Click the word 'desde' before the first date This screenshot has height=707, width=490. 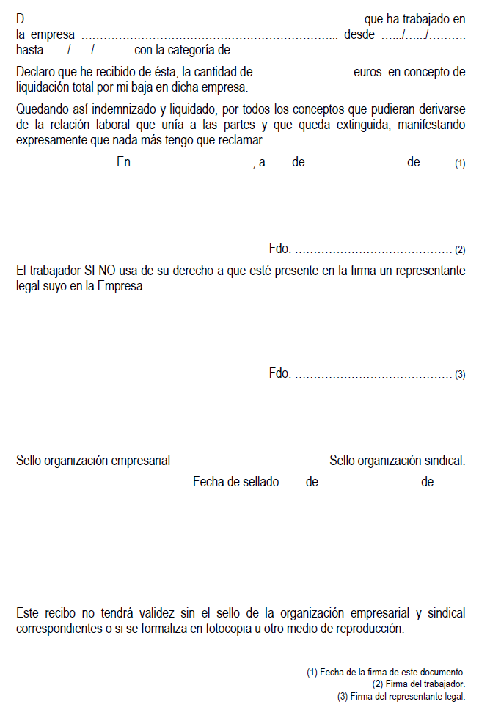(x=359, y=34)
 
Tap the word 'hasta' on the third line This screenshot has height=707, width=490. (x=30, y=51)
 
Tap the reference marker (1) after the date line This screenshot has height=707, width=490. (x=460, y=164)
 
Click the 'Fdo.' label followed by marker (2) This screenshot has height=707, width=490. (x=280, y=249)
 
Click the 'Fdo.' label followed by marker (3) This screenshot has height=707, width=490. (x=280, y=374)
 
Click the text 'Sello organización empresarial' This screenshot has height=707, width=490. (x=93, y=461)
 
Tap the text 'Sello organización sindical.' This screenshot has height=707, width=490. (x=397, y=461)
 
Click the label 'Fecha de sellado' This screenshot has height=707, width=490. (x=235, y=482)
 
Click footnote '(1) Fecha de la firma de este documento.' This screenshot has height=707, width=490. (x=386, y=672)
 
